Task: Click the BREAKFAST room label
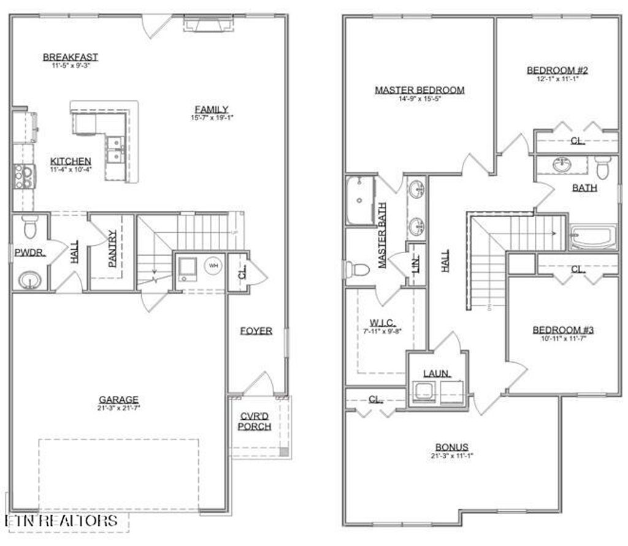(x=70, y=57)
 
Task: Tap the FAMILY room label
(x=212, y=109)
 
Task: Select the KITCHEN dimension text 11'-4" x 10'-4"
(x=71, y=170)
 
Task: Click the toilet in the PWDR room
(x=29, y=227)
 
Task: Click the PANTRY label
(x=112, y=248)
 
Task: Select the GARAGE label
(x=119, y=399)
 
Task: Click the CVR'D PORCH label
(x=255, y=422)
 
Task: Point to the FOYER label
(x=256, y=330)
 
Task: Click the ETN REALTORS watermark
(x=61, y=521)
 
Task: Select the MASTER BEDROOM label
(x=419, y=90)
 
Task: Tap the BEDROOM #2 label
(x=557, y=70)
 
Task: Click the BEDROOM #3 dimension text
(x=562, y=338)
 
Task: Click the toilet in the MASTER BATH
(x=357, y=269)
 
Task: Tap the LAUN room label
(x=437, y=373)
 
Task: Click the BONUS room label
(x=452, y=447)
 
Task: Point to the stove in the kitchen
(x=25, y=176)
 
